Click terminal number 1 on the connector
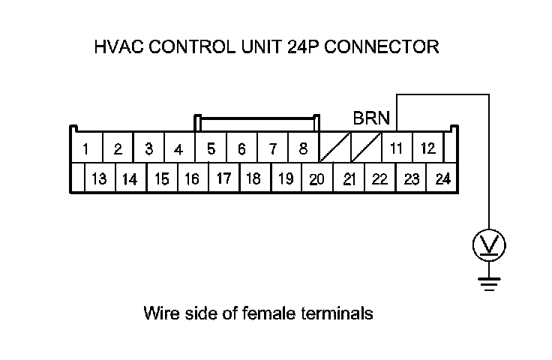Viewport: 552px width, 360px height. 86,149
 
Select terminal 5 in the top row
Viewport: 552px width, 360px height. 211,148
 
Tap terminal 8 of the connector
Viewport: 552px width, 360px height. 303,148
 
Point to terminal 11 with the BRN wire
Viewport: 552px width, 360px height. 397,148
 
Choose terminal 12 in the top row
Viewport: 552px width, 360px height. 427,148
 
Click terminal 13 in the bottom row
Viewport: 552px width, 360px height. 99,179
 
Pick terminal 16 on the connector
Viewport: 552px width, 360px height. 192,179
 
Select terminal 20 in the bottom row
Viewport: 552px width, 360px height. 316,179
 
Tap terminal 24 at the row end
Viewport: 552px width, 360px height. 442,179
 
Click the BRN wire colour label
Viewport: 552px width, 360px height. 371,118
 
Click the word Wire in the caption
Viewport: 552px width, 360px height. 158,313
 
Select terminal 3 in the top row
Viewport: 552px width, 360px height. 149,148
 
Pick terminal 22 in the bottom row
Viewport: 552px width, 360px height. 379,179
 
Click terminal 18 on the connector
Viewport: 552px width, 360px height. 253,179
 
